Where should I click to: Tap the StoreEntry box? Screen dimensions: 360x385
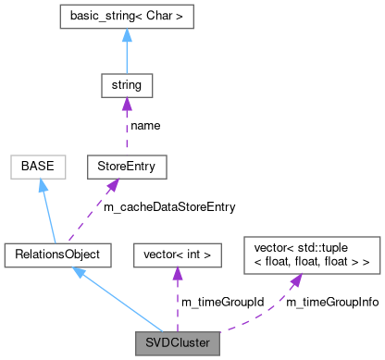coord(126,168)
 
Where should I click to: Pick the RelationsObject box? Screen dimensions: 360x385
coord(57,253)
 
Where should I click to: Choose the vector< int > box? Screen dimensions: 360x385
coord(177,253)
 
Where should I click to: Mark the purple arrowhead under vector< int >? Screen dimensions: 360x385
coord(177,271)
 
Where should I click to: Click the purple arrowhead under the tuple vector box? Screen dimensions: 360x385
coord(293,279)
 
